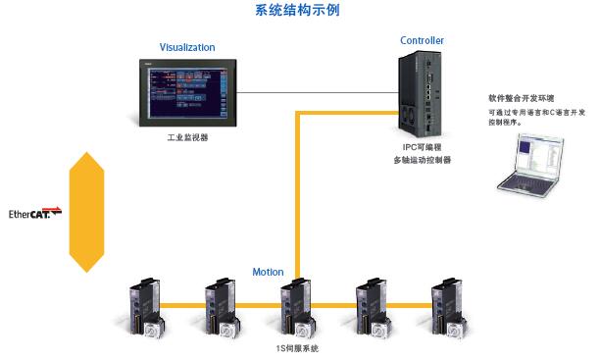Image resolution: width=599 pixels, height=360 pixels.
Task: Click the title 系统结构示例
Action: tap(298, 11)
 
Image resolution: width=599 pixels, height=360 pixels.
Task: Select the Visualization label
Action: tap(186, 47)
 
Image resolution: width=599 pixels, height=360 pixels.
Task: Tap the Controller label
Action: tap(422, 40)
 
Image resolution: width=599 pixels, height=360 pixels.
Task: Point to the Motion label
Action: tap(268, 272)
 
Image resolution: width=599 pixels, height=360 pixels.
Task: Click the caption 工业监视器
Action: tap(187, 138)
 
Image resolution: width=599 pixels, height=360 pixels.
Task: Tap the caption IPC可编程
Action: tap(421, 146)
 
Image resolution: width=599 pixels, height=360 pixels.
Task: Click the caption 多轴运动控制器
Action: tap(421, 159)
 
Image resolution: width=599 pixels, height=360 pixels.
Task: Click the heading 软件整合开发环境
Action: tap(521, 99)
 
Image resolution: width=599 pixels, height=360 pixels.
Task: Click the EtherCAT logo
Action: tap(35, 213)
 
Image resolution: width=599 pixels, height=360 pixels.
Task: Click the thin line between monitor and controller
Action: tap(313, 93)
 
